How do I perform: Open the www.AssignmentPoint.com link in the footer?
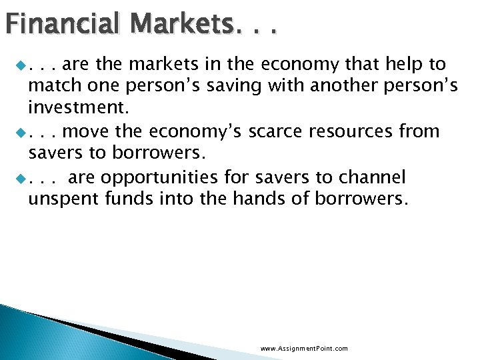pos(304,349)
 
